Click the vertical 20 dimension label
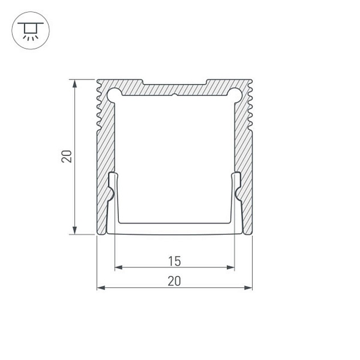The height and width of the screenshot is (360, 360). coord(67,156)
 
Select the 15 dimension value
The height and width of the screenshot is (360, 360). coord(175,261)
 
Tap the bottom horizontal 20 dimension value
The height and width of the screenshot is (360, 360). coord(175,281)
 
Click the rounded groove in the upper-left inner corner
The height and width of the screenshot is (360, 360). coord(113,92)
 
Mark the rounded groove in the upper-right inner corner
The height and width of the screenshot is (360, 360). coord(236,92)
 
